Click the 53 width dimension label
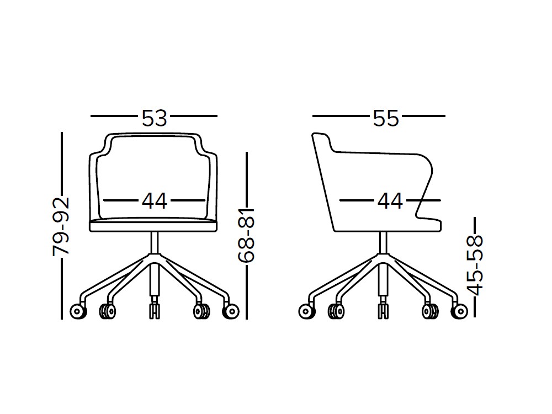tap(154, 118)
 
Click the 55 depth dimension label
tap(386, 118)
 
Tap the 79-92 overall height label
tap(61, 227)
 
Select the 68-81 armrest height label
tap(246, 235)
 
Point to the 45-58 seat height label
tap(475, 265)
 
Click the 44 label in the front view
tap(154, 201)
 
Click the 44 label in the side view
tap(390, 201)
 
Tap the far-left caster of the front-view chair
tap(78, 311)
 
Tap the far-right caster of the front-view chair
tap(231, 311)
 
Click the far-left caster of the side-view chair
tap(307, 311)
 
